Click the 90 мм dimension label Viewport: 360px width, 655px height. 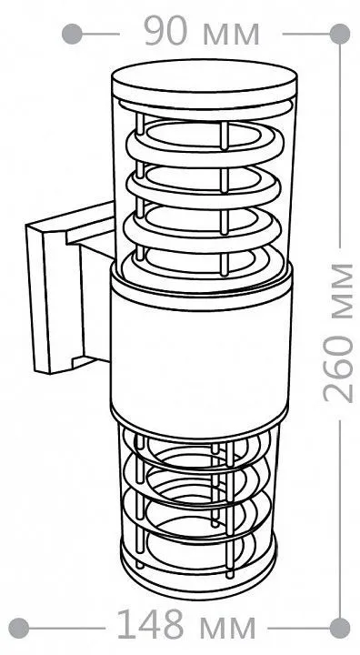(201, 32)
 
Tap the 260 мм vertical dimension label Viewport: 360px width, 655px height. (338, 333)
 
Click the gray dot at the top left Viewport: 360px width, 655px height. (72, 34)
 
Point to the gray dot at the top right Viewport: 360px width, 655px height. (339, 34)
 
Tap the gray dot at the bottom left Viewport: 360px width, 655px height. (19, 628)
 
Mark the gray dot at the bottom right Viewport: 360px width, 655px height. (339, 628)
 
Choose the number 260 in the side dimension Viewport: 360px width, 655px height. (338, 368)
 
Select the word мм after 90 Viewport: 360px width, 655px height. (232, 35)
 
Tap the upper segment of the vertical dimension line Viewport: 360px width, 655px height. (339, 146)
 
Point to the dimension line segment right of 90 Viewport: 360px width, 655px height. (307, 34)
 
